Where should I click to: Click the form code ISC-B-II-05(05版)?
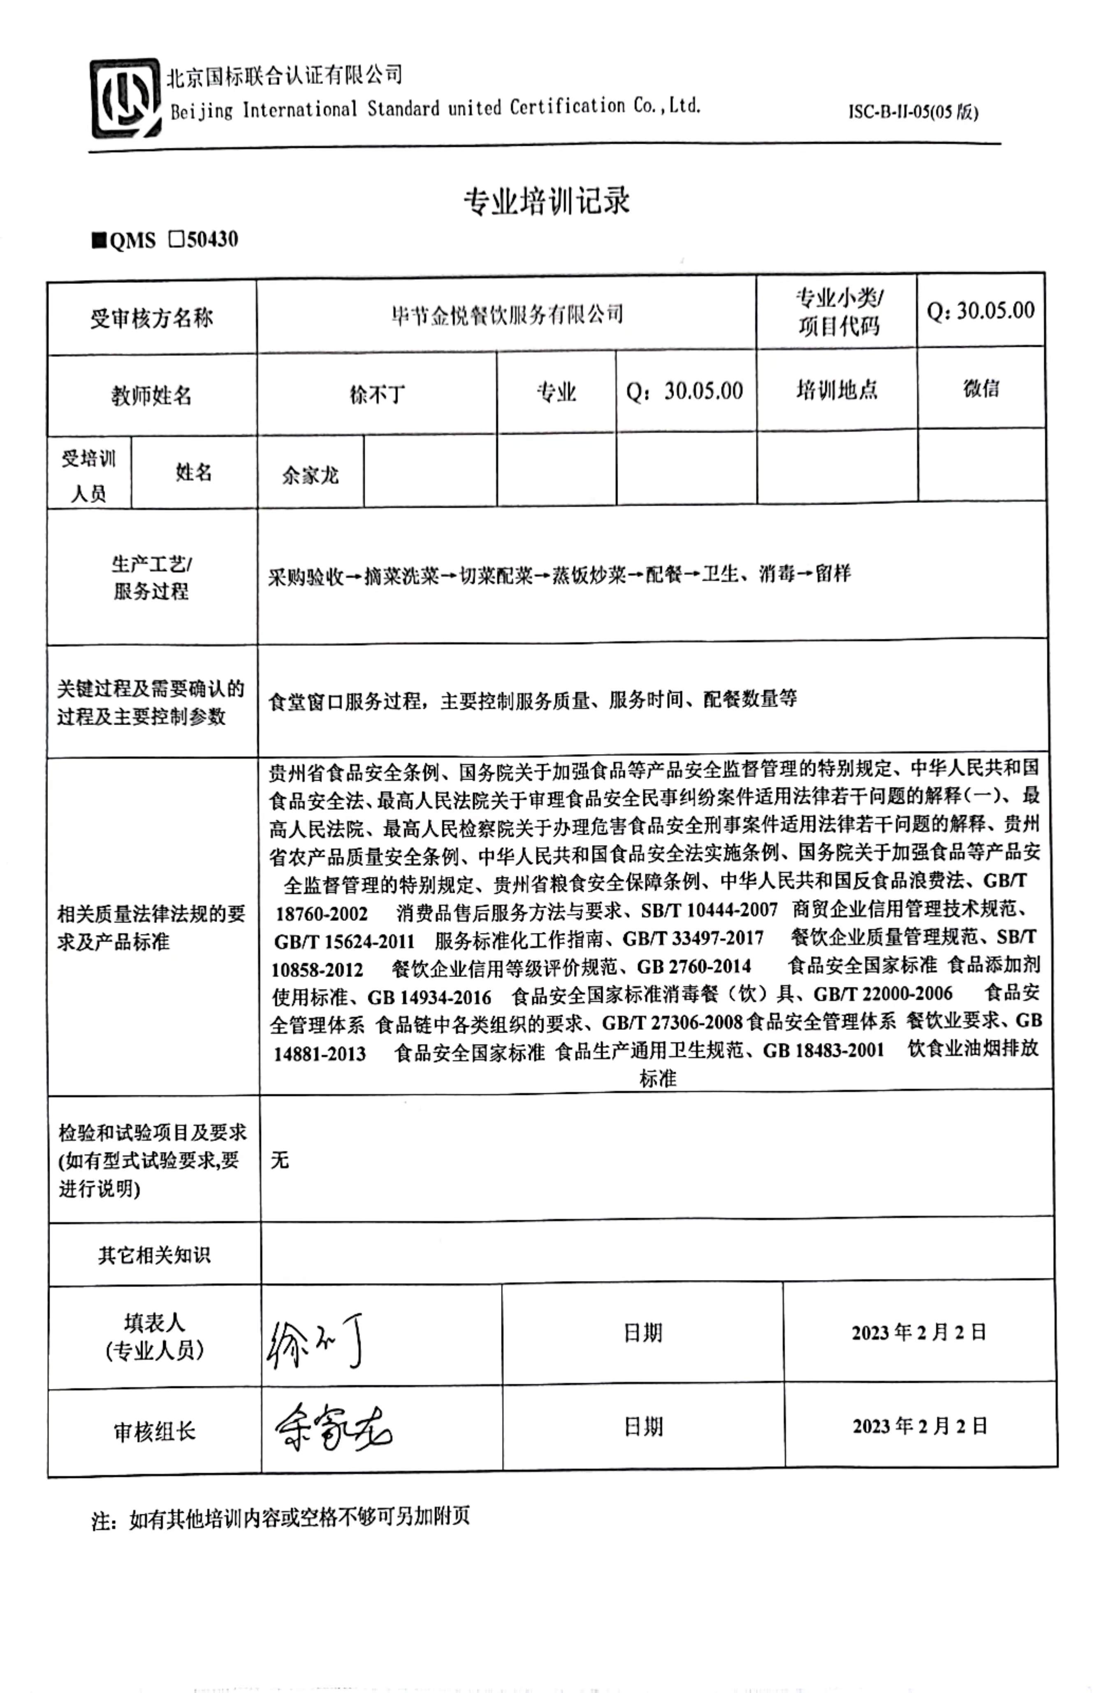[913, 112]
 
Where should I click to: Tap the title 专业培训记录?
[546, 201]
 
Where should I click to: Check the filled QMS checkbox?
[98, 240]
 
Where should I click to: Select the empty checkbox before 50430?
[175, 239]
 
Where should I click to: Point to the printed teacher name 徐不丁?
[377, 393]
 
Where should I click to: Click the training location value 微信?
[981, 388]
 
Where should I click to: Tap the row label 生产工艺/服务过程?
[151, 577]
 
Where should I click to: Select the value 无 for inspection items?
[280, 1160]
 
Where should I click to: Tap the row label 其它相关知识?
[154, 1255]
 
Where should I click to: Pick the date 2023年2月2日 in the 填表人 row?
[919, 1332]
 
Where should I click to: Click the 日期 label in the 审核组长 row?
[643, 1426]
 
